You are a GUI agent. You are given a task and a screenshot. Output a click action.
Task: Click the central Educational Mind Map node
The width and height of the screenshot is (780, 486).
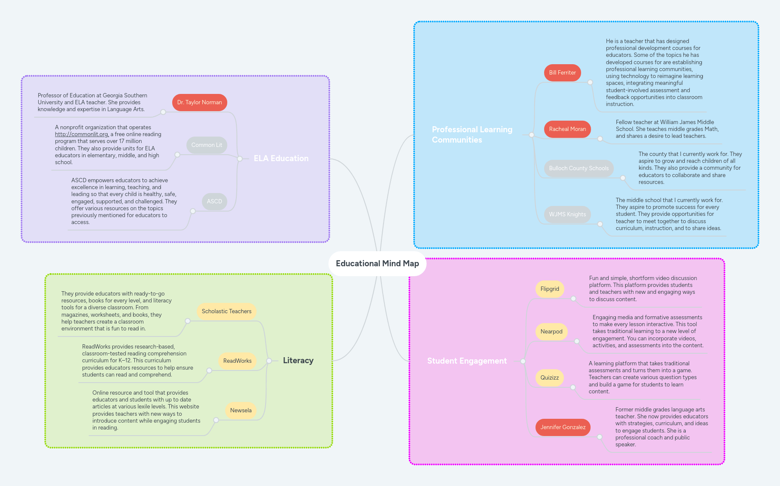[377, 264]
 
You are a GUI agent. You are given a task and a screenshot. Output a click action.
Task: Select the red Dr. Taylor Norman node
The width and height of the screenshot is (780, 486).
[199, 103]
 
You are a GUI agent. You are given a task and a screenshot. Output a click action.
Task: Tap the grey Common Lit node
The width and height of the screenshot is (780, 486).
[207, 145]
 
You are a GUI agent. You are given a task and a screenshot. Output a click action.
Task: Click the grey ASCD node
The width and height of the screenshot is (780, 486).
[214, 202]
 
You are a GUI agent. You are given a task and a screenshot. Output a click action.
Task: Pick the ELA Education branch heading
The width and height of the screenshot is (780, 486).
[281, 159]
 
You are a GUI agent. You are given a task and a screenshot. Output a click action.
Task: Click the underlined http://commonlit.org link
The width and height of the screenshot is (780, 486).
[81, 134]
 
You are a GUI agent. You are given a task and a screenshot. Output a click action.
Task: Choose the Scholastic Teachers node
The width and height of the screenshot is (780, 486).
[226, 312]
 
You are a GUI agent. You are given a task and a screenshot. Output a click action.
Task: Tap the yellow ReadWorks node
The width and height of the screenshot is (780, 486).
[237, 361]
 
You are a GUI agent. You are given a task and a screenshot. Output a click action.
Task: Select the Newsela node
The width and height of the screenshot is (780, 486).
[241, 411]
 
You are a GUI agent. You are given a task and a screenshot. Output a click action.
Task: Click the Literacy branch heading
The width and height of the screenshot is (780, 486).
[298, 361]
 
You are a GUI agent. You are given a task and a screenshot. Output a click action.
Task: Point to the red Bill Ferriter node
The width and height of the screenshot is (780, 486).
[562, 73]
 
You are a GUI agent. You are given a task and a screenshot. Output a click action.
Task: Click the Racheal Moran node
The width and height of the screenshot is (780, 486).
[567, 129]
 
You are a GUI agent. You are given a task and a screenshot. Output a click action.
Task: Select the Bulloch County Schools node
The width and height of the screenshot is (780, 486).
[579, 168]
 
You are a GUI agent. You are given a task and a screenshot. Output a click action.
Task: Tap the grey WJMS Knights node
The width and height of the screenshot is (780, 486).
[567, 215]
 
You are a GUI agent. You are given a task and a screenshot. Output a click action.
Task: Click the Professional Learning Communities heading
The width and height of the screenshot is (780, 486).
[472, 135]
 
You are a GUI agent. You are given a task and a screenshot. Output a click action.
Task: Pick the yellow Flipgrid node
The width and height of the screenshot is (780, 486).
[550, 289]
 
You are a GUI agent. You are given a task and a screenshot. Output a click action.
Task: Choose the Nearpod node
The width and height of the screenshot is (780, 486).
[551, 332]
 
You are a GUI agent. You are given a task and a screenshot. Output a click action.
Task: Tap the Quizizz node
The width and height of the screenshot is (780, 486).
[550, 378]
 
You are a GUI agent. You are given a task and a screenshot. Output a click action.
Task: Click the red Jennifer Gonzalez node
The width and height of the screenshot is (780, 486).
[563, 427]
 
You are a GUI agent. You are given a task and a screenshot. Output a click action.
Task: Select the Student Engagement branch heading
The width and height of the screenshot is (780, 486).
[467, 361]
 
